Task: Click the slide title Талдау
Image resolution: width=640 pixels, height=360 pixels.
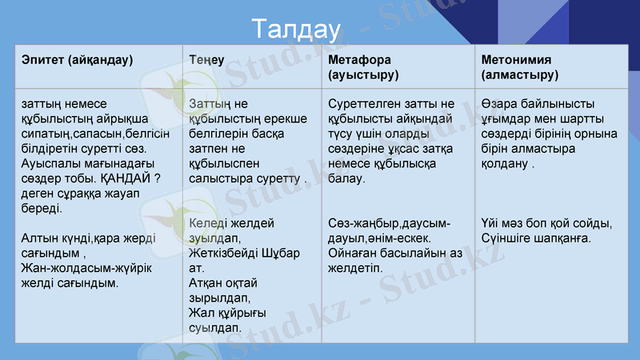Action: tap(291, 30)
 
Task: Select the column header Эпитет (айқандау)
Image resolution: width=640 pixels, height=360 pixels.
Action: tap(78, 60)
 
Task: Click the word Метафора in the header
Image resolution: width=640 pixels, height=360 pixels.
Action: tap(360, 60)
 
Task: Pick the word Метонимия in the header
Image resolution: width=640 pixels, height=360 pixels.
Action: tap(517, 60)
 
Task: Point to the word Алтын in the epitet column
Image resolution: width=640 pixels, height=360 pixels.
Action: tap(39, 238)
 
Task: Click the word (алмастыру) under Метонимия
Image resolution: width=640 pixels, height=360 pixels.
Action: tap(520, 74)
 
